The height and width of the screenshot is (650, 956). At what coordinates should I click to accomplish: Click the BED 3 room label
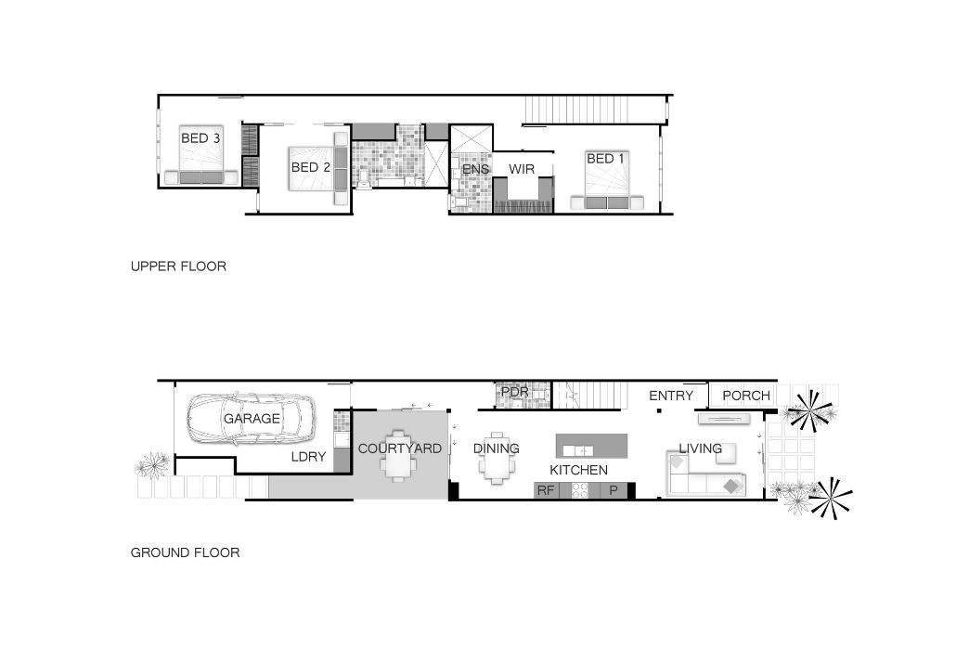(x=200, y=138)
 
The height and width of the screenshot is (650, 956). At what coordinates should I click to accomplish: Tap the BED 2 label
(x=310, y=167)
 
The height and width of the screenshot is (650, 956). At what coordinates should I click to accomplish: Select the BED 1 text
(x=605, y=159)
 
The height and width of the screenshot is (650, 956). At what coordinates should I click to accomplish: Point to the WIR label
(x=522, y=169)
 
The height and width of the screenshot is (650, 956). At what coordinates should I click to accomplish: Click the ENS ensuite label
(x=475, y=169)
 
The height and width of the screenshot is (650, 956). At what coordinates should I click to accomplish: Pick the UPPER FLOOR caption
(x=178, y=266)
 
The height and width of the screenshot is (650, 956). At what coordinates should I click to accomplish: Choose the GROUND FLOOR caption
(x=186, y=553)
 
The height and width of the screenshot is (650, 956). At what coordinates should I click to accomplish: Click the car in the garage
(x=252, y=418)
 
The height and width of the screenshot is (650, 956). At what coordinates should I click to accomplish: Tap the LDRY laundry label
(x=308, y=457)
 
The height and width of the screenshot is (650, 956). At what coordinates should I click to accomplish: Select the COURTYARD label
(x=399, y=448)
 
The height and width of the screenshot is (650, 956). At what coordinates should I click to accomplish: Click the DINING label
(x=497, y=448)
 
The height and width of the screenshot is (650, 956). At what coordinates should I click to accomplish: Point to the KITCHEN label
(x=578, y=470)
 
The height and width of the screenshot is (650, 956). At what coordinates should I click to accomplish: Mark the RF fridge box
(x=546, y=490)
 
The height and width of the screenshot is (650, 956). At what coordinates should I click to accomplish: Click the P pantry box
(x=614, y=490)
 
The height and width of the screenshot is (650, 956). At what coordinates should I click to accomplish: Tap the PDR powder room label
(x=514, y=392)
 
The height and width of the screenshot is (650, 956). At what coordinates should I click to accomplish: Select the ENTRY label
(x=671, y=396)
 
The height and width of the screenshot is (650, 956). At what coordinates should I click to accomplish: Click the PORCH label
(x=746, y=396)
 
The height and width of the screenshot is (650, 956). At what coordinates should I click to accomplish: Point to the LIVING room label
(x=701, y=448)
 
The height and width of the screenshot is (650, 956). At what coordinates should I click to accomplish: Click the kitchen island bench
(x=591, y=446)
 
